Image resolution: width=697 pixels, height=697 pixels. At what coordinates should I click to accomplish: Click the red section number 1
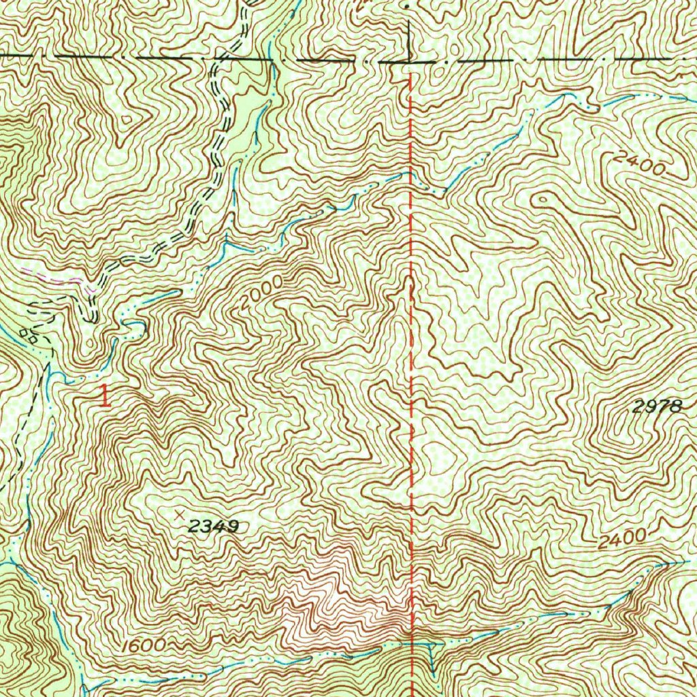[x=105, y=396]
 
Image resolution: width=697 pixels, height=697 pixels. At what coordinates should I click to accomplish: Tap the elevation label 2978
[x=656, y=407]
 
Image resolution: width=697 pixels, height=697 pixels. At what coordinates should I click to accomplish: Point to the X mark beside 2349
[x=180, y=513]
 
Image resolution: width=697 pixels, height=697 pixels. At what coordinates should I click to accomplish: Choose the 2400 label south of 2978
[x=622, y=538]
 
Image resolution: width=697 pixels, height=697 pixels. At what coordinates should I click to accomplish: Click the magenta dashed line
[x=58, y=277]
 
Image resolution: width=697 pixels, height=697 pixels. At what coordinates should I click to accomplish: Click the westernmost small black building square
[x=25, y=332]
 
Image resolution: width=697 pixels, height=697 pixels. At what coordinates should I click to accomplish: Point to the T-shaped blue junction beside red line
[x=429, y=645]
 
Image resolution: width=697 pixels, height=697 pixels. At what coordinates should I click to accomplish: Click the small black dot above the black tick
[x=406, y=5]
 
